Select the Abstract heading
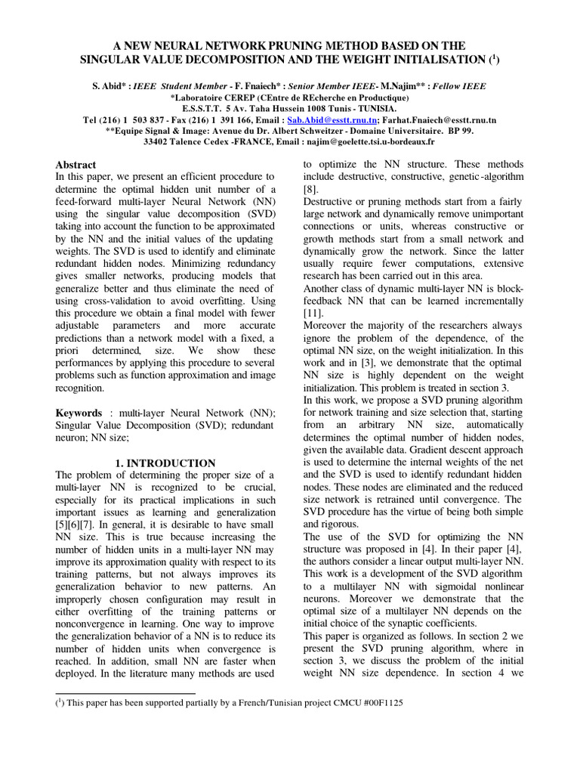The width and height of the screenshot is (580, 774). (x=76, y=165)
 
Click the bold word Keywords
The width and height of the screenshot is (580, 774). (x=79, y=413)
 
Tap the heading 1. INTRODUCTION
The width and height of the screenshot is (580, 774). (x=165, y=463)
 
